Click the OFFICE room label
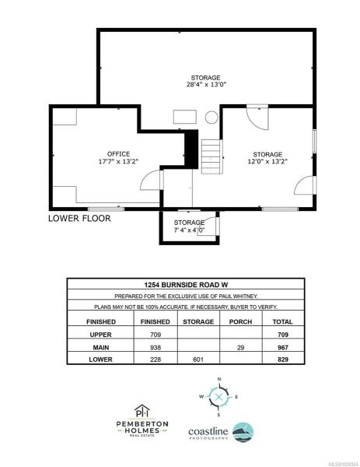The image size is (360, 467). pyautogui.click(x=118, y=154)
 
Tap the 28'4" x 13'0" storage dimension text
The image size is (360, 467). pyautogui.click(x=206, y=85)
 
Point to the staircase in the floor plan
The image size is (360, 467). pyautogui.click(x=211, y=156)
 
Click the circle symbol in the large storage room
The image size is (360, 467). pyautogui.click(x=211, y=117)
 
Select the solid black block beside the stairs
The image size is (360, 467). pyautogui.click(x=191, y=149)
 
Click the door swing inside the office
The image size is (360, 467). pyautogui.click(x=150, y=180)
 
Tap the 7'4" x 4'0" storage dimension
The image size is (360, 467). pyautogui.click(x=189, y=230)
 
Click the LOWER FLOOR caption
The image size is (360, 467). pyautogui.click(x=79, y=218)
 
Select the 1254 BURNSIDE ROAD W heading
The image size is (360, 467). pyautogui.click(x=186, y=285)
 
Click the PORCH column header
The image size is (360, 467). pyautogui.click(x=240, y=321)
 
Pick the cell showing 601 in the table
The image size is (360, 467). pyautogui.click(x=198, y=360)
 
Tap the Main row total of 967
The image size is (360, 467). pyautogui.click(x=283, y=347)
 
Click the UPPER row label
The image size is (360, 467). pyautogui.click(x=100, y=335)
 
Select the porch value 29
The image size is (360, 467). pyautogui.click(x=240, y=347)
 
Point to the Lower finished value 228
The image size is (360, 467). pyautogui.click(x=156, y=360)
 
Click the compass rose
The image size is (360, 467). pyautogui.click(x=219, y=397)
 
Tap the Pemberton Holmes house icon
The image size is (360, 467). pyautogui.click(x=142, y=411)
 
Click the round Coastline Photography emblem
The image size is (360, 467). pyautogui.click(x=243, y=432)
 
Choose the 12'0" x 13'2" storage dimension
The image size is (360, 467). pyautogui.click(x=267, y=161)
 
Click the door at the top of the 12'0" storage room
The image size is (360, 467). pyautogui.click(x=257, y=117)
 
